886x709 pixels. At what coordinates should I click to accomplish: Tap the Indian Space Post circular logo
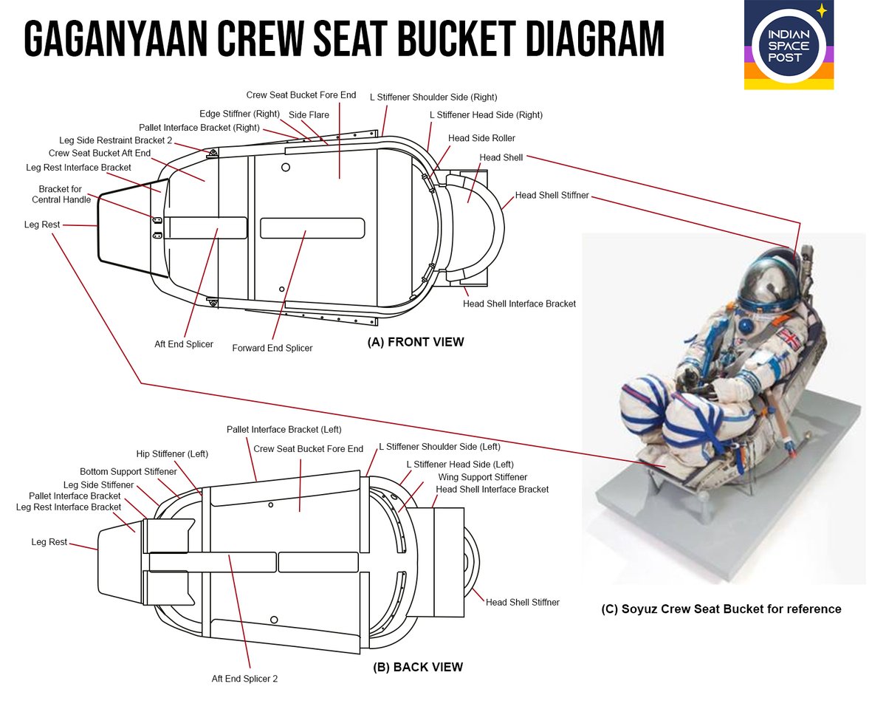(789, 46)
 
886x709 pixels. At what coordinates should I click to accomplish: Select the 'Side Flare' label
(309, 114)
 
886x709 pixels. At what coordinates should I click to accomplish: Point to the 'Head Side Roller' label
(481, 138)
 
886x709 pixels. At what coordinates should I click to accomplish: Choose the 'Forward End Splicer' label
(272, 348)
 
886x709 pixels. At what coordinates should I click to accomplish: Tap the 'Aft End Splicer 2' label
(244, 678)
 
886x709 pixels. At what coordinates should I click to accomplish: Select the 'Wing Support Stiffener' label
(483, 477)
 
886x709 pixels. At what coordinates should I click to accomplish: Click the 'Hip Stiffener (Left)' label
(172, 453)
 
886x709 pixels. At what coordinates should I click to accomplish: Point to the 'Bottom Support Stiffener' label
(128, 471)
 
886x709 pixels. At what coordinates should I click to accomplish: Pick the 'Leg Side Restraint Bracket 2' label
(115, 140)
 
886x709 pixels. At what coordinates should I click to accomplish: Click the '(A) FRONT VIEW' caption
(416, 342)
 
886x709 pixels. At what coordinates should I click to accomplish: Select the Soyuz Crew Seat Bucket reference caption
(721, 609)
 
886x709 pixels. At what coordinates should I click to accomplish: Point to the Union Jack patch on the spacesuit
(790, 340)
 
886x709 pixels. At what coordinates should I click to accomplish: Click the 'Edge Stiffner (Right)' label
(240, 114)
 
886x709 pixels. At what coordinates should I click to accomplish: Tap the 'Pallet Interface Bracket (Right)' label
(199, 128)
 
